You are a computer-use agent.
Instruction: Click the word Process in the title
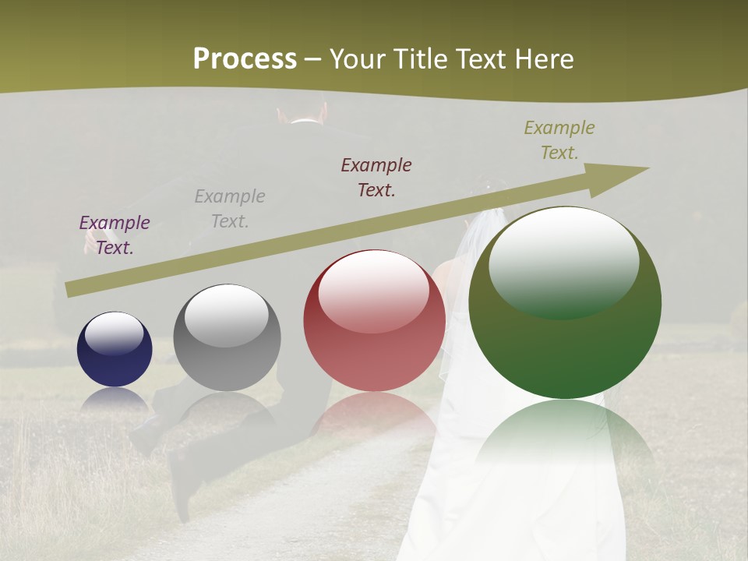[x=245, y=58]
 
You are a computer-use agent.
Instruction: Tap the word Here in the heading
[x=543, y=59]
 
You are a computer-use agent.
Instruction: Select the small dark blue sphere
[x=115, y=350]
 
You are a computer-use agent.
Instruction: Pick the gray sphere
[x=227, y=337]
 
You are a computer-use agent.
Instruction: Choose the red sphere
[x=374, y=320]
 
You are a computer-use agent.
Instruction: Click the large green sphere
[x=565, y=303]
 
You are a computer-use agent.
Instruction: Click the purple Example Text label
[x=115, y=235]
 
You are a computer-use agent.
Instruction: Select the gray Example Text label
[x=230, y=209]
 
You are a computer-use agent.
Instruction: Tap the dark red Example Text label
[x=376, y=178]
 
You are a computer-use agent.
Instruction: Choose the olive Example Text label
[x=559, y=140]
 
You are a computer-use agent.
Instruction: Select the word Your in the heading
[x=357, y=59]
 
